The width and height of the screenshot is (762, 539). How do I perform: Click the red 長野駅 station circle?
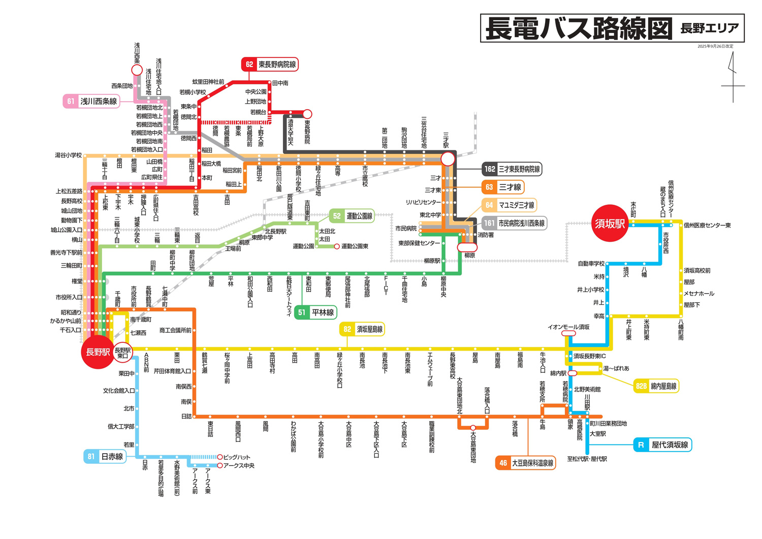click(x=97, y=352)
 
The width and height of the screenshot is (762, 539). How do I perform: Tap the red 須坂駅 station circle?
click(x=610, y=224)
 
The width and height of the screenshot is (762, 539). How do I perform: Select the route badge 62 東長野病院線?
click(x=269, y=65)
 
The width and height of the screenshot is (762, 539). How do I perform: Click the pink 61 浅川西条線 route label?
click(x=91, y=101)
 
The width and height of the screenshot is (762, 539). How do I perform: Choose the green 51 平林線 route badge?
click(x=315, y=312)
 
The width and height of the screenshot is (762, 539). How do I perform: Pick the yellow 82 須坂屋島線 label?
click(x=362, y=329)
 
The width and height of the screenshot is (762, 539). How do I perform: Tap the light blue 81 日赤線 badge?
click(x=105, y=456)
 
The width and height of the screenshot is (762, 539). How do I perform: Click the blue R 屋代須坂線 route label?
click(x=662, y=445)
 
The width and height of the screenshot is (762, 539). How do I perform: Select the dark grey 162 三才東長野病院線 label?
click(x=512, y=169)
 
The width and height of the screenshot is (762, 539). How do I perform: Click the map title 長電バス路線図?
click(x=579, y=28)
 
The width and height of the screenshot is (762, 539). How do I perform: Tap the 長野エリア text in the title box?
click(x=709, y=28)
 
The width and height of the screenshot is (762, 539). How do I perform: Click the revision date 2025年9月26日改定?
click(x=715, y=46)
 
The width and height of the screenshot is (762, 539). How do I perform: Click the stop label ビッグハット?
click(x=237, y=457)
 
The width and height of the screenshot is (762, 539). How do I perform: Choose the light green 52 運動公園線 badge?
click(x=352, y=216)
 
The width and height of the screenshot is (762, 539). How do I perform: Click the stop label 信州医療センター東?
click(x=707, y=225)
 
